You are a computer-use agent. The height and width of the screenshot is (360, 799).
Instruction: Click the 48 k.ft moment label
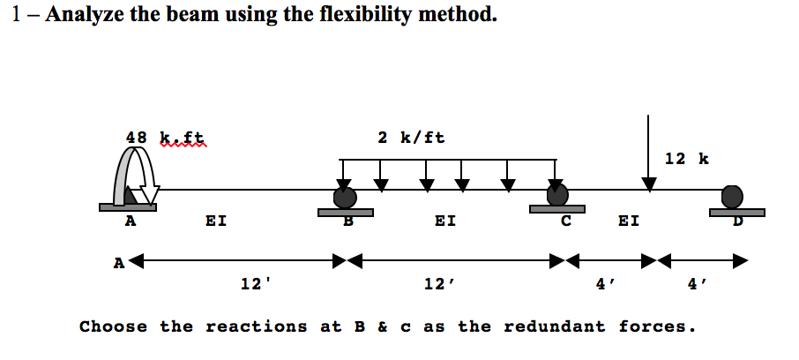(165, 138)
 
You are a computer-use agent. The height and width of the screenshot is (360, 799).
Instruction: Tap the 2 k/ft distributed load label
(411, 138)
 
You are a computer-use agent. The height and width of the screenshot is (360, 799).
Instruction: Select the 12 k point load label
(686, 159)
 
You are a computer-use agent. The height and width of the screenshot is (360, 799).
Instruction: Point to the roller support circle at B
(345, 197)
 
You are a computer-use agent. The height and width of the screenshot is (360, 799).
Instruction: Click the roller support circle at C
(556, 194)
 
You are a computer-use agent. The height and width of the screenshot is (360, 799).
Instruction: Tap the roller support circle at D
(732, 196)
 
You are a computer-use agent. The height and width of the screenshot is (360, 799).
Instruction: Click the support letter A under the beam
(130, 222)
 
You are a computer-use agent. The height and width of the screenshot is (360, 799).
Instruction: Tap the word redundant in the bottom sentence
(555, 326)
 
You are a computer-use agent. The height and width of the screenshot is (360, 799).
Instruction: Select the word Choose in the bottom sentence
(114, 326)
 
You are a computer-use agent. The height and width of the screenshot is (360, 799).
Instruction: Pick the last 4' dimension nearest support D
(697, 283)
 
